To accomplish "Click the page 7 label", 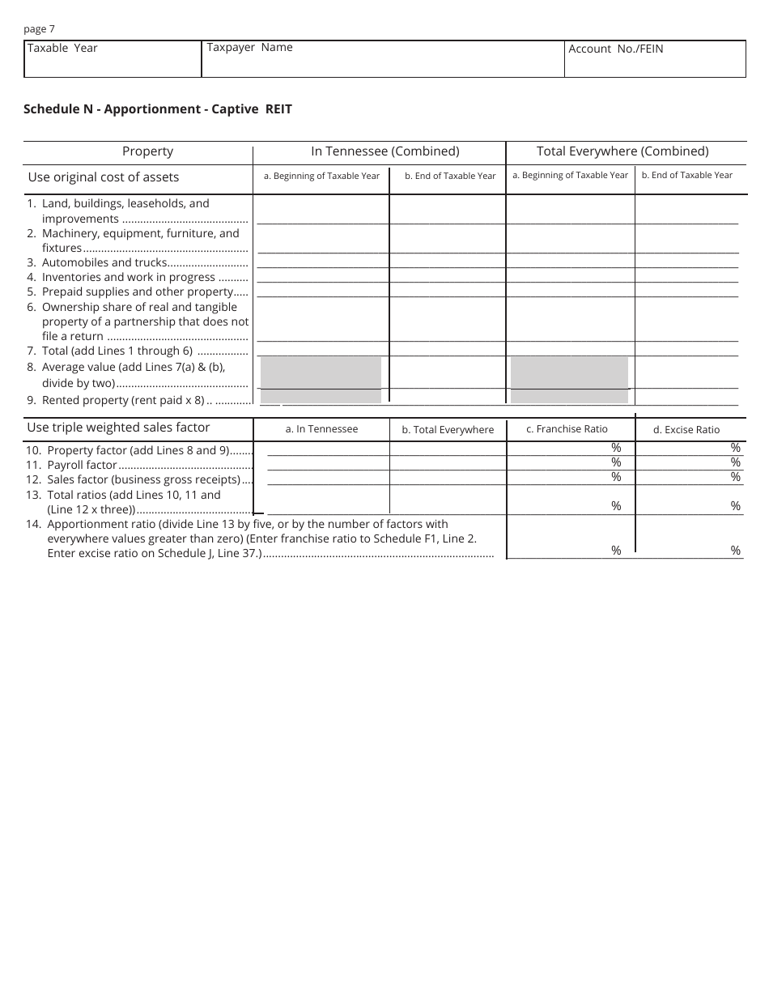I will (40, 29).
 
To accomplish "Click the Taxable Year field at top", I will (113, 59).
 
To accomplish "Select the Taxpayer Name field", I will (382, 59).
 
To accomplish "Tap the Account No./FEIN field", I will (654, 59).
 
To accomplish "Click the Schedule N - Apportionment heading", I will (158, 109).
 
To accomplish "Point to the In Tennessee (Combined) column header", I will (385, 151).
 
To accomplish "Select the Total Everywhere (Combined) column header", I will (622, 151).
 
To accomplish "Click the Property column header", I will (147, 151).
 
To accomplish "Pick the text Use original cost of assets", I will (104, 177).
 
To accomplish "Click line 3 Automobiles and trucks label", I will (104, 262).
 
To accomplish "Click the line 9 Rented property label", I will (122, 400).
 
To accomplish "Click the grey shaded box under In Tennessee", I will (321, 380).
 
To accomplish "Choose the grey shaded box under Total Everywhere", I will (570, 380).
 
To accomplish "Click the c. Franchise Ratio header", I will (567, 429).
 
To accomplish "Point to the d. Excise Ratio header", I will (686, 430).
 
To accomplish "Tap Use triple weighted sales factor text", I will (119, 428).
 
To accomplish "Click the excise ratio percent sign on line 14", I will (735, 551).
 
